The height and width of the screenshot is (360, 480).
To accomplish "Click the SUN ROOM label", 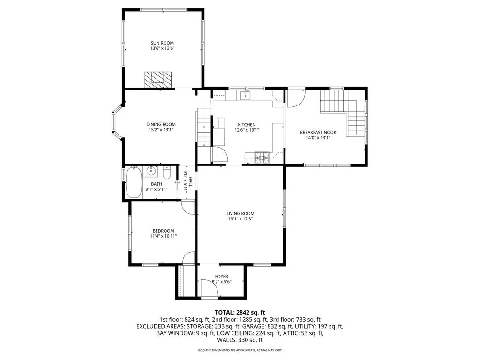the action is pyautogui.click(x=162, y=43).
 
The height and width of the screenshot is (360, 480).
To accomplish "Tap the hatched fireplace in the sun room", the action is pyautogui.click(x=158, y=80).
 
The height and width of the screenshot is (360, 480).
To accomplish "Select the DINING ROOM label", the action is pyautogui.click(x=161, y=124).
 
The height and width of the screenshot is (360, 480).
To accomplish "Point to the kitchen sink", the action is pyautogui.click(x=246, y=96).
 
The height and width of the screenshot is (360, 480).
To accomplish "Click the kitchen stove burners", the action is pyautogui.click(x=262, y=157).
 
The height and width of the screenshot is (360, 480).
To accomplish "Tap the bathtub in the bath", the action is pyautogui.click(x=134, y=182).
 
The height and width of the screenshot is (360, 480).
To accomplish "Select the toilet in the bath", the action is pyautogui.click(x=167, y=173).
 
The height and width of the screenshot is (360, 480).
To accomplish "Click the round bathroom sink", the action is pyautogui.click(x=151, y=171).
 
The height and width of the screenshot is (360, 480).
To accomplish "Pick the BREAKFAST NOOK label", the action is pyautogui.click(x=318, y=133).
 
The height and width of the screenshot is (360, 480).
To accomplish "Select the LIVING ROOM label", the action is pyautogui.click(x=240, y=214).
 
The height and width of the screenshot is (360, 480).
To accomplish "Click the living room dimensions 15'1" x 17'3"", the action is pyautogui.click(x=240, y=219).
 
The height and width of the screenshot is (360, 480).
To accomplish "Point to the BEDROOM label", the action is pyautogui.click(x=164, y=231).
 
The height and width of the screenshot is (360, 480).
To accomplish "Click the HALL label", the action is pyautogui.click(x=190, y=181).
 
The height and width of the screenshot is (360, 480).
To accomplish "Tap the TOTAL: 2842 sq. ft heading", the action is pyautogui.click(x=240, y=313).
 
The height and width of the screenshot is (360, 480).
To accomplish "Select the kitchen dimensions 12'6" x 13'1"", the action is pyautogui.click(x=247, y=130).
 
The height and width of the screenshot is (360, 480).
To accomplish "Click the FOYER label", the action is pyautogui.click(x=221, y=277).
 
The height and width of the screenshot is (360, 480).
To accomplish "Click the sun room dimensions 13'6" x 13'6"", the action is pyautogui.click(x=162, y=48).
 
